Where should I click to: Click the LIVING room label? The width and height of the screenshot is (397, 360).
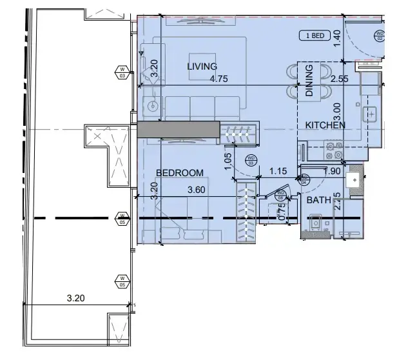[x=202, y=66]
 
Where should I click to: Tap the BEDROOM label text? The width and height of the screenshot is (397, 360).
[x=180, y=173]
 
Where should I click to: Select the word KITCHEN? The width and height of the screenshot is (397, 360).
[x=325, y=125]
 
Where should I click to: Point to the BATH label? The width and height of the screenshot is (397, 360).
[x=318, y=201]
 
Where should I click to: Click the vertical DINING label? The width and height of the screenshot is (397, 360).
[x=309, y=81]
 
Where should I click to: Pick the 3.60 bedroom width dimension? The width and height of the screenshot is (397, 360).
[x=197, y=190]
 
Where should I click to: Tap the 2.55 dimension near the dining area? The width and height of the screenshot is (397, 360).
[x=340, y=79]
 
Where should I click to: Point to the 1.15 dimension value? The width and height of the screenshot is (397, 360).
[x=278, y=172]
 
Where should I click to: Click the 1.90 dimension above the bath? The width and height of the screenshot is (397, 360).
[x=332, y=172]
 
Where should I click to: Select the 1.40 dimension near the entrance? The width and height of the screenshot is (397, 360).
[x=336, y=44]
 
